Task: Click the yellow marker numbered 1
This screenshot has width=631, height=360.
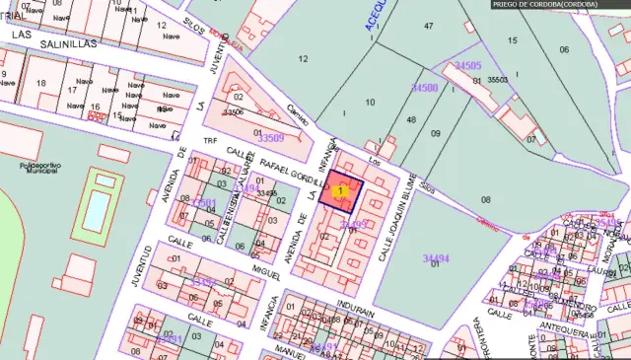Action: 341,190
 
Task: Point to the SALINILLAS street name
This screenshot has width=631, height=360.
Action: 73,44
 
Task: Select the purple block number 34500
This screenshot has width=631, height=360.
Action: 425,88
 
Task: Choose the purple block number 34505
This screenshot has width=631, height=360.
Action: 468,65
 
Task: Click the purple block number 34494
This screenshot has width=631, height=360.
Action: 436,258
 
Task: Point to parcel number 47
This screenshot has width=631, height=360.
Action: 428,26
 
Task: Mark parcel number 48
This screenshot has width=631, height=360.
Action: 410,119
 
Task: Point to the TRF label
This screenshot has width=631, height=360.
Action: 209,141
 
